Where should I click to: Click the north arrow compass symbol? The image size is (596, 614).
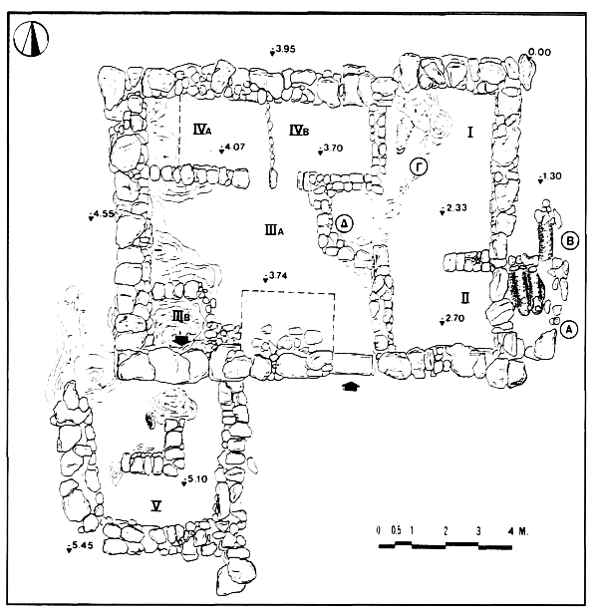(x=31, y=39)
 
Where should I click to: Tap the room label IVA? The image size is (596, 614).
(x=202, y=129)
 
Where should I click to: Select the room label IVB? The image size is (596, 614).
(x=299, y=130)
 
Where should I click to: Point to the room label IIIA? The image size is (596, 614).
(x=274, y=230)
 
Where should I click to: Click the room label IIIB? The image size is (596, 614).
(x=181, y=315)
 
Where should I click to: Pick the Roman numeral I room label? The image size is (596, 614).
(x=470, y=133)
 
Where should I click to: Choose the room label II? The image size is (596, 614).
(x=464, y=299)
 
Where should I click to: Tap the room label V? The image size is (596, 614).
(x=156, y=506)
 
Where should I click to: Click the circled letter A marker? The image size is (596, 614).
(x=569, y=329)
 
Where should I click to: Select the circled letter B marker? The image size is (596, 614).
(x=570, y=241)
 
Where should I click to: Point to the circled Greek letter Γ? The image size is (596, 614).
(x=419, y=167)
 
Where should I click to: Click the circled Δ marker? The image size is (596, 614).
(x=345, y=224)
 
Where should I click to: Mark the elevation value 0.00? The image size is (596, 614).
(x=539, y=52)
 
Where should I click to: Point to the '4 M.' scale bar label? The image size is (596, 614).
(x=517, y=531)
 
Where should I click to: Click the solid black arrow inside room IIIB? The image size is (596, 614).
(x=181, y=340)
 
